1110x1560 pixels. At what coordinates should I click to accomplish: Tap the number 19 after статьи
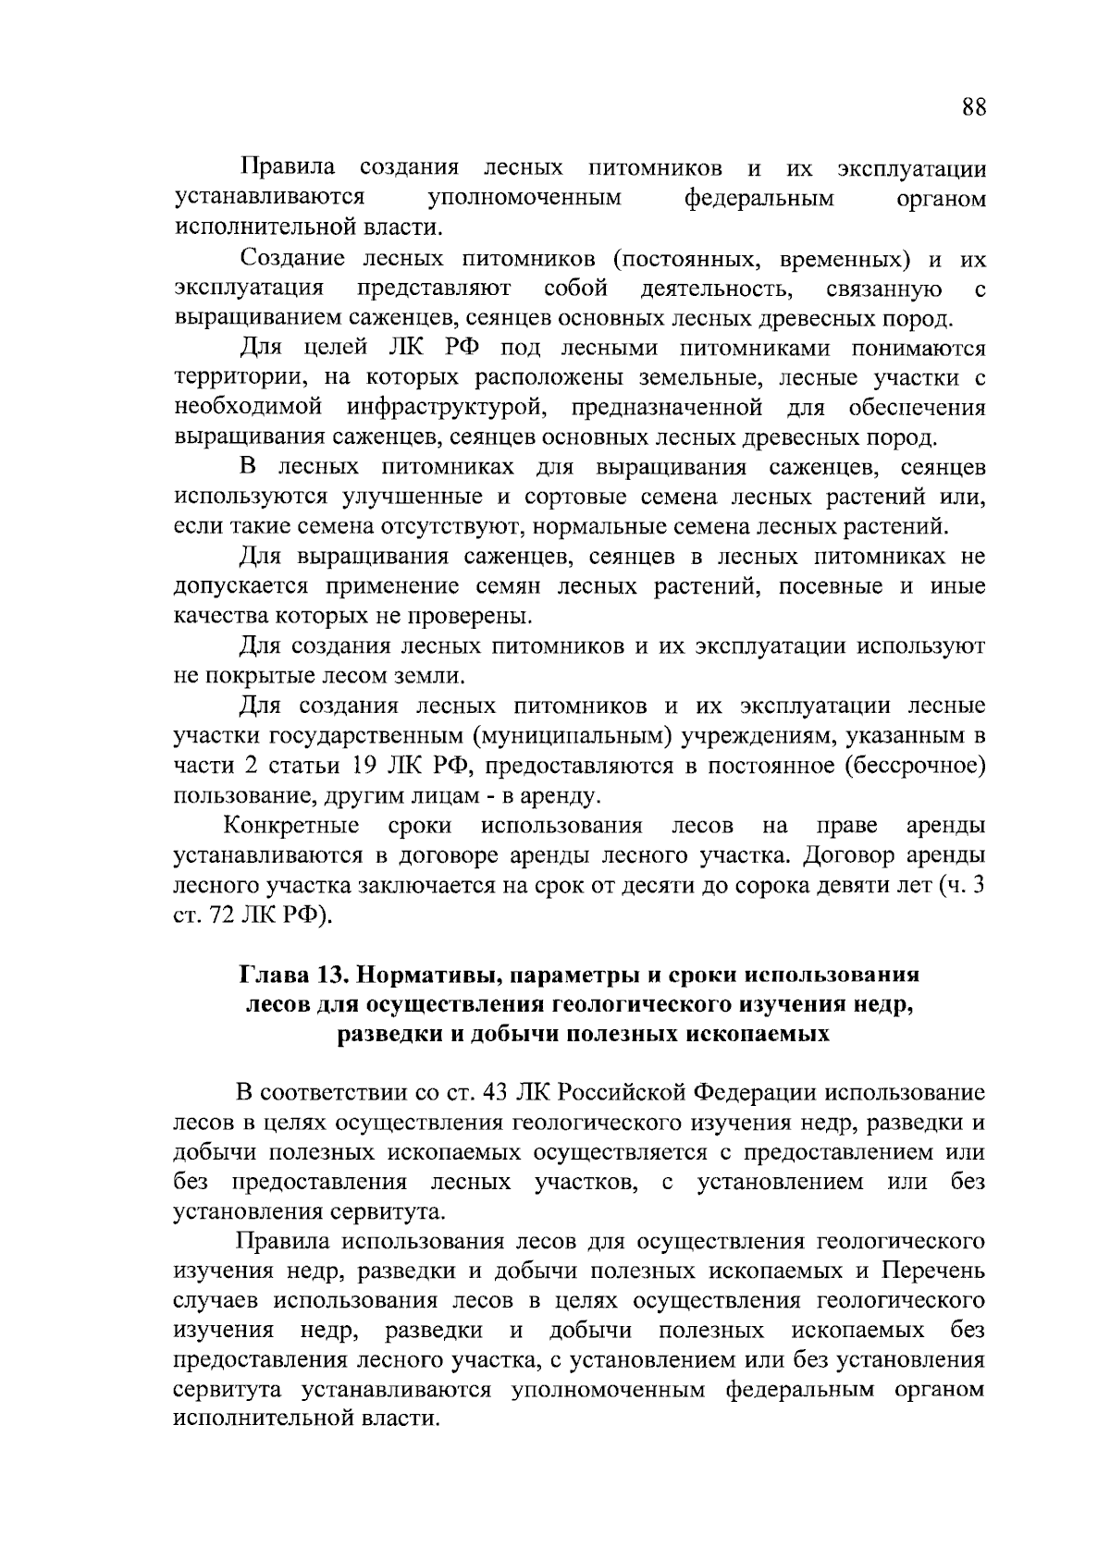(x=366, y=766)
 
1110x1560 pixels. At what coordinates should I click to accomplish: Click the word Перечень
(x=931, y=1271)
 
